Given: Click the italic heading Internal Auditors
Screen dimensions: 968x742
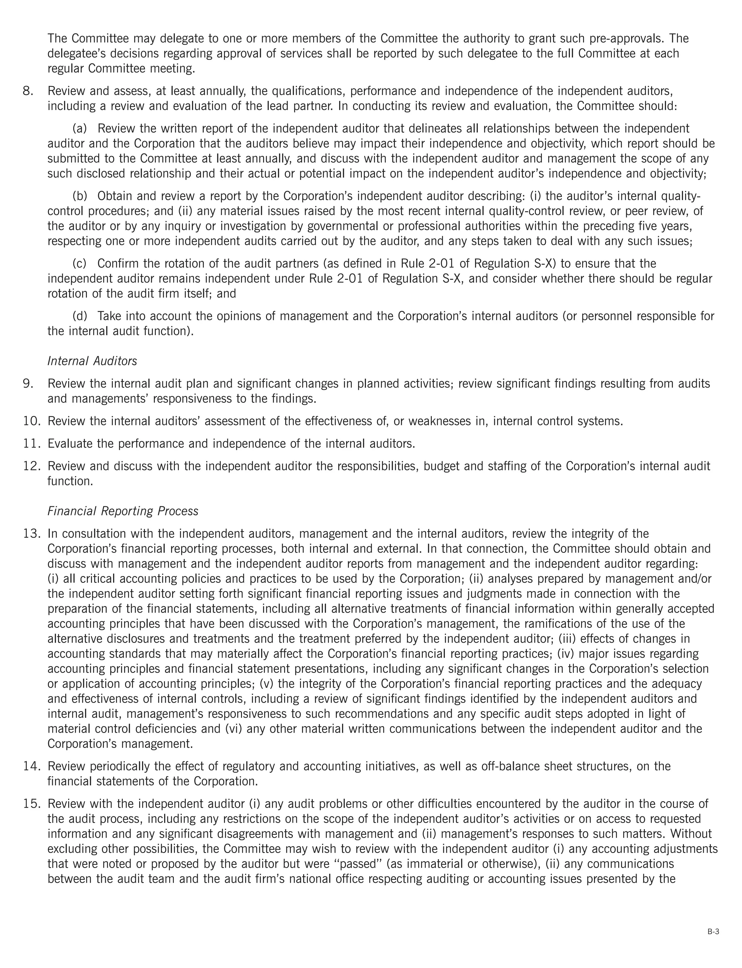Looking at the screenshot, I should click(92, 361).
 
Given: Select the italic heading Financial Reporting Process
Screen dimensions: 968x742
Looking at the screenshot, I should click(123, 511).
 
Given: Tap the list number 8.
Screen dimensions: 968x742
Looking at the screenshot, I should click(28, 91).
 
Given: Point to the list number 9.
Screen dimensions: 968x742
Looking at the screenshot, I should click(28, 383).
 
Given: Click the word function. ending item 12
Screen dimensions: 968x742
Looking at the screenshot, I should click(70, 481).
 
